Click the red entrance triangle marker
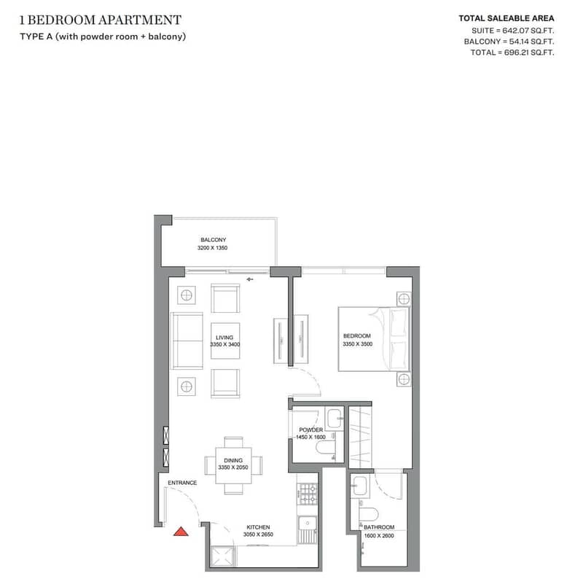[181, 532]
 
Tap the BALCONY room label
[214, 240]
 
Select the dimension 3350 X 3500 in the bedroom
[358, 344]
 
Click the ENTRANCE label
[182, 483]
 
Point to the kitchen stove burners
[308, 494]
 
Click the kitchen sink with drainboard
[308, 529]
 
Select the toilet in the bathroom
[369, 514]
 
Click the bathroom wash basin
[361, 486]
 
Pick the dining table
[233, 465]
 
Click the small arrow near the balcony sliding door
[250, 279]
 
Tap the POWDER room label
[311, 429]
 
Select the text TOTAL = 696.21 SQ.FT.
[512, 53]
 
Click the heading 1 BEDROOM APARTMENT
[101, 20]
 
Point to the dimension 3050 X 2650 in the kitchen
[258, 534]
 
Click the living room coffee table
[225, 341]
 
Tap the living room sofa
[187, 341]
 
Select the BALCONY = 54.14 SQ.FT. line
[509, 42]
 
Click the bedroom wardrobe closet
[360, 437]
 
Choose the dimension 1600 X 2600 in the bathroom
[379, 536]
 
